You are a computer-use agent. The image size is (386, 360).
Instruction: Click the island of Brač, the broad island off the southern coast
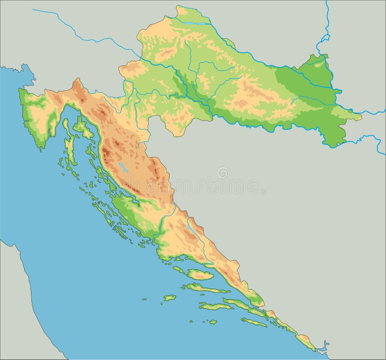pos(200,275)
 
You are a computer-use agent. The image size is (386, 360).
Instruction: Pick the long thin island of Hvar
pos(207,289)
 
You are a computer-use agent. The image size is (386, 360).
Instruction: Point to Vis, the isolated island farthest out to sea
pos(169,298)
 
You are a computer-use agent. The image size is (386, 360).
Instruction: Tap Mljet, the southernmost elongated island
pos(254,322)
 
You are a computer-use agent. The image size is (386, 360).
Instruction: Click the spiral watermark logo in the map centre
pos(223,173)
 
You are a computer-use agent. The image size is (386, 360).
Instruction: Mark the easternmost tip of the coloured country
pos(361,116)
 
